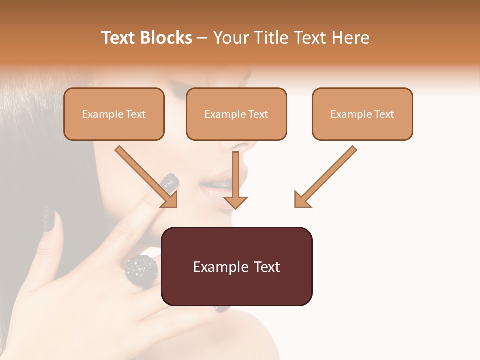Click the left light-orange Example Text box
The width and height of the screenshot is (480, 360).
coord(114,114)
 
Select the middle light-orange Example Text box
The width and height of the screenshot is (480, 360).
coord(236,114)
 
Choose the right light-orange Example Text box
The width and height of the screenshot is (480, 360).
coord(362,114)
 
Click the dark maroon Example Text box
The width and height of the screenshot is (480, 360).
coord(237,266)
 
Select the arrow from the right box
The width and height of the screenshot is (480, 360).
coord(326,176)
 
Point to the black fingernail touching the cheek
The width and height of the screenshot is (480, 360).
coord(171,183)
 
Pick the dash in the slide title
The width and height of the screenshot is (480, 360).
coord(202,38)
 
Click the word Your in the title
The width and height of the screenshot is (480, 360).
coord(231,38)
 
